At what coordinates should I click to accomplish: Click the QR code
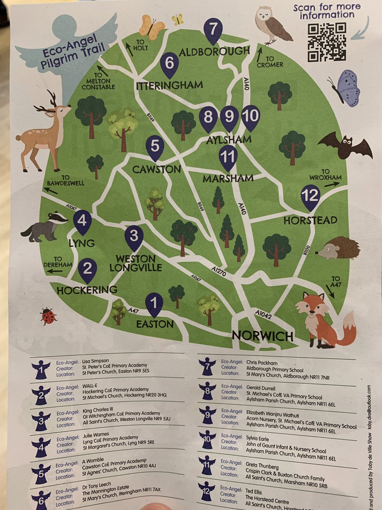[x=326, y=42]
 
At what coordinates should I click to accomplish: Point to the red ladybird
[x=48, y=316]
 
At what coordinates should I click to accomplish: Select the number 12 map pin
[x=310, y=197]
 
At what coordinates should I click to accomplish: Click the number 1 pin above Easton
[x=154, y=304]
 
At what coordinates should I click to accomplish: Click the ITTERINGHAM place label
[x=169, y=85]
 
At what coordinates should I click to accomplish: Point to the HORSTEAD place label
[x=311, y=220]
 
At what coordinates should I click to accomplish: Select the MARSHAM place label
[x=228, y=178]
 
